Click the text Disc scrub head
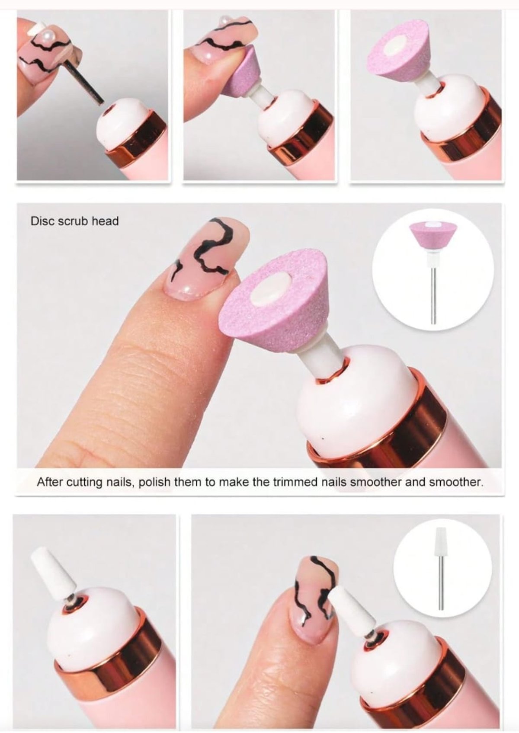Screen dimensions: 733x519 pos(74,221)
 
